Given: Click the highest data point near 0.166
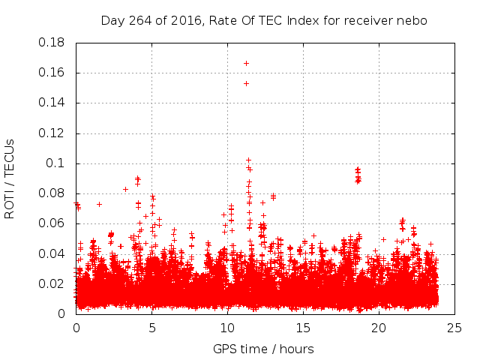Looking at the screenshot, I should tap(246, 63).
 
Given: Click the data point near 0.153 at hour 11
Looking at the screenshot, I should tap(246, 83).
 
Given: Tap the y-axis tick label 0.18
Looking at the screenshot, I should tap(52, 43).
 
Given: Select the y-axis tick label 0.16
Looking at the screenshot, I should tap(52, 73).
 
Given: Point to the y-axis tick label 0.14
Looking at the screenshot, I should tap(52, 103).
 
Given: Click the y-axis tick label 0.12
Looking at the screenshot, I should tap(52, 133).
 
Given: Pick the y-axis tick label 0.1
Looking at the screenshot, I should tap(57, 163).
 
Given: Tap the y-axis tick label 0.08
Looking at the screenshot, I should tap(52, 193).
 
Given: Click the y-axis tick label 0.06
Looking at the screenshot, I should tap(52, 223).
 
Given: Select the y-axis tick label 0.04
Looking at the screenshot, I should tap(52, 253).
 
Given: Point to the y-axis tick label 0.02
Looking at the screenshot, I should tap(52, 283).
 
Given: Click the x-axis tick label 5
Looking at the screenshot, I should tap(152, 328).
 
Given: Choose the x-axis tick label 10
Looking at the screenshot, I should tap(227, 328).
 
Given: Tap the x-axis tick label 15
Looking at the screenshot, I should tap(303, 328).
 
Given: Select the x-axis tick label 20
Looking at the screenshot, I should tap(379, 328).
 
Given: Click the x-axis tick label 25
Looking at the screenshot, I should tap(454, 328).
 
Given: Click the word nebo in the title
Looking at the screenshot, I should tap(413, 21).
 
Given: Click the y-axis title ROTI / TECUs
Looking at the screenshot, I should tap(10, 178).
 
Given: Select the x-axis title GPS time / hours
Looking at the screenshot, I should tap(263, 349).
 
